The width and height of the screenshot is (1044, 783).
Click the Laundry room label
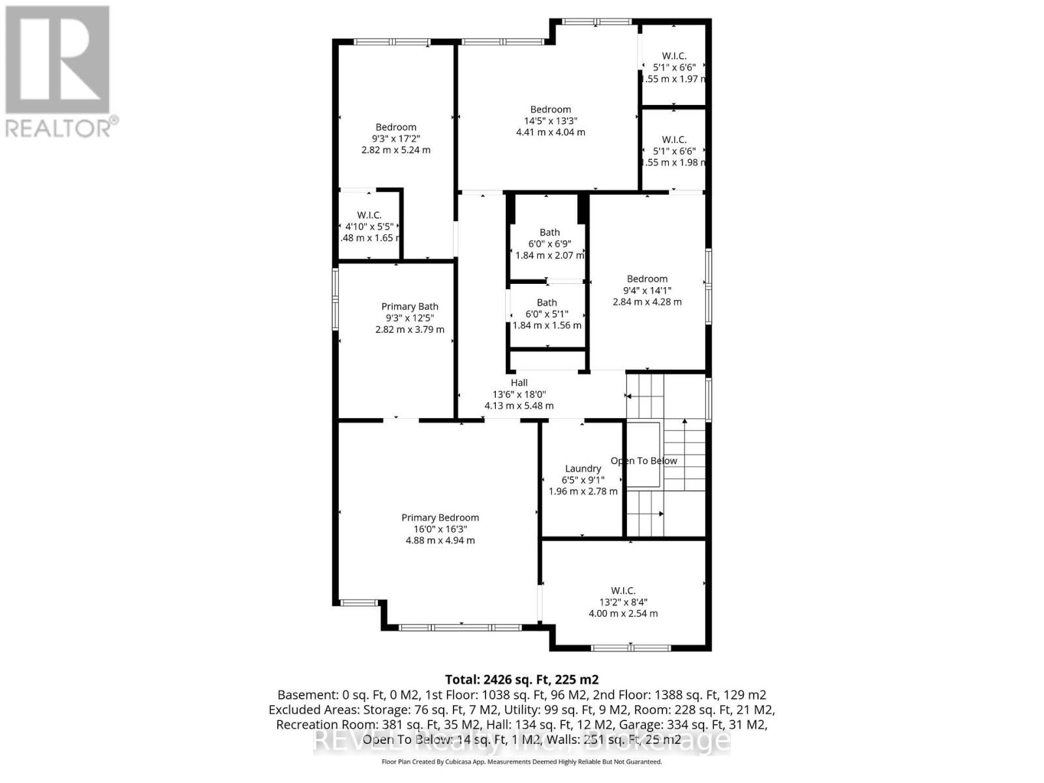(583, 468)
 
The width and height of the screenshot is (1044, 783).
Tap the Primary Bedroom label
(440, 517)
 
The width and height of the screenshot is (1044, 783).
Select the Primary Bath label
(410, 307)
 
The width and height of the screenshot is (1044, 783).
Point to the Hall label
(519, 383)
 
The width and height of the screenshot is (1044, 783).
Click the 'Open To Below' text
(643, 461)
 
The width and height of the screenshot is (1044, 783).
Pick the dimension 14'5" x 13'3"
(551, 121)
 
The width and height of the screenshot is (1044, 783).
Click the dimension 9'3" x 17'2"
(395, 138)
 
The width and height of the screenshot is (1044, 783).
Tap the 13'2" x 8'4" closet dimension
(623, 602)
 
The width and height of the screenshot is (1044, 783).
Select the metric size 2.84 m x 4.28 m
(647, 301)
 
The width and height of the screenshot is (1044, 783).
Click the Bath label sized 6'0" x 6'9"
(549, 232)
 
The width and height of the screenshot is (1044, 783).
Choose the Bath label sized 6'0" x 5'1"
(547, 303)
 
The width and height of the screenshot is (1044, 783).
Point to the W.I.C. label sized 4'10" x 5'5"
(369, 215)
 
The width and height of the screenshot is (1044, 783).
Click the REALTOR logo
(58, 72)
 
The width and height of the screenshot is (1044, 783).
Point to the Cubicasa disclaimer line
(521, 761)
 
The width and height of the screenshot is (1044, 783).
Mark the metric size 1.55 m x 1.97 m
(674, 79)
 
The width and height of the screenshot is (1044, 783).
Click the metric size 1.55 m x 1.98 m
(674, 162)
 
